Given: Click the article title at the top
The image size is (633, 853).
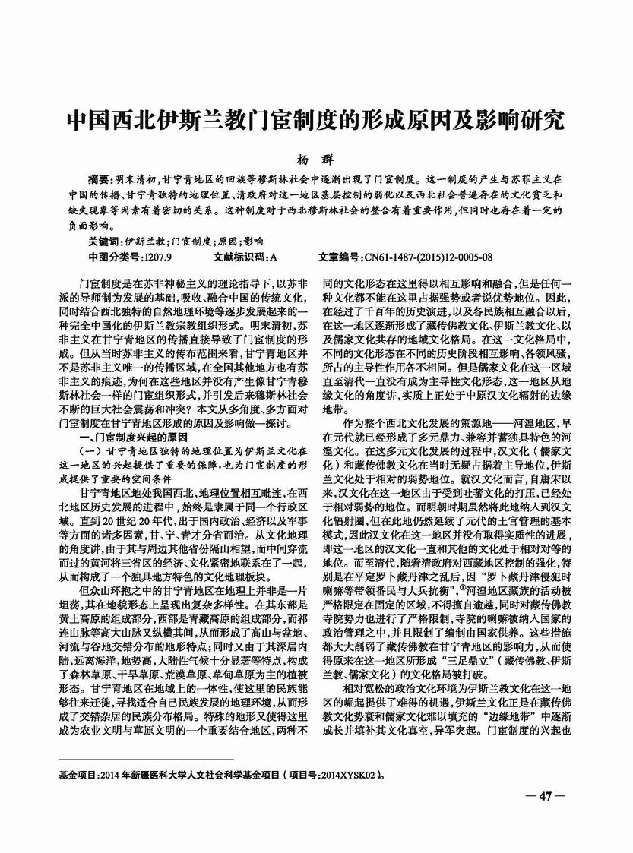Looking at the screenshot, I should tap(315, 121).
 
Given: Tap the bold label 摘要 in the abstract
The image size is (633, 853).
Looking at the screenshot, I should tap(100, 179).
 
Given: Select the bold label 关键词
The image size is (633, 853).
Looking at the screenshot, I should tap(105, 240).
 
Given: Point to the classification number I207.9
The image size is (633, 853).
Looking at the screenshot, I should tap(158, 257).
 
